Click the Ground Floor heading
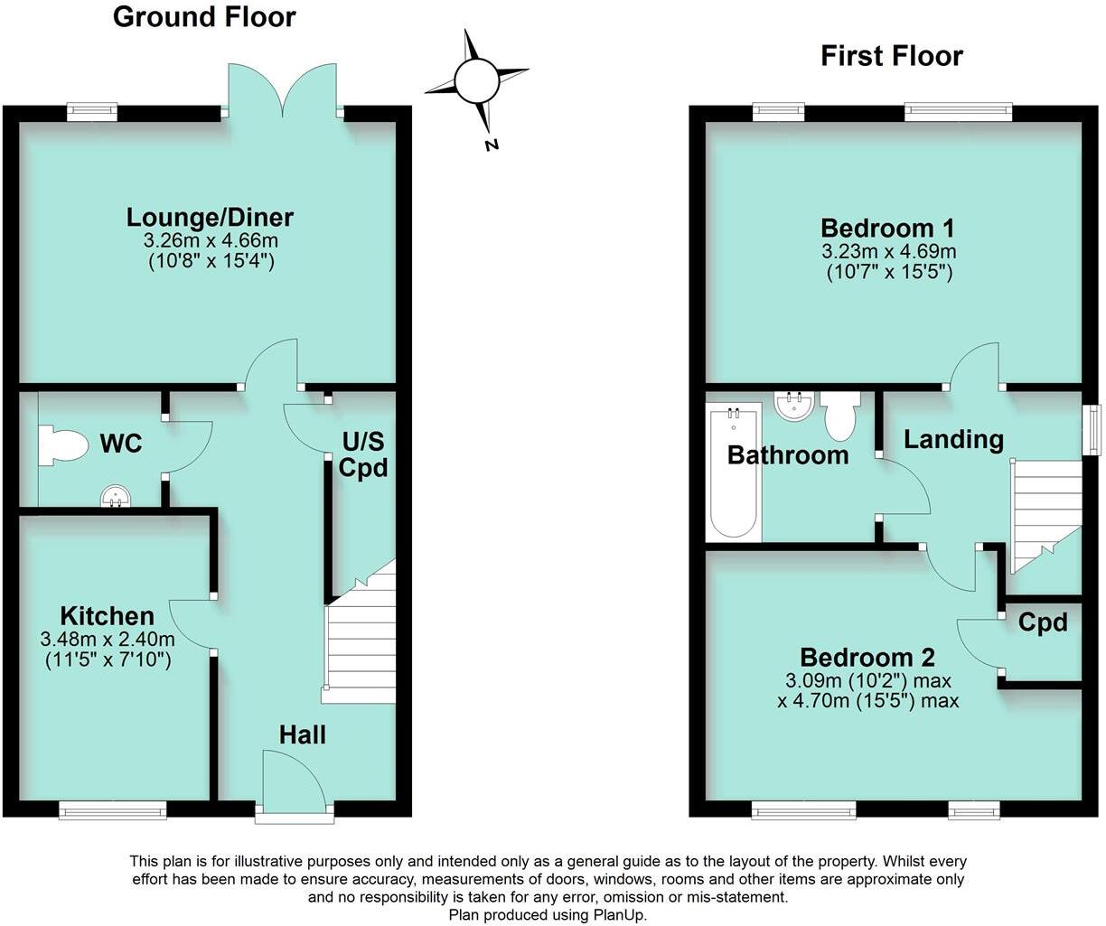204,17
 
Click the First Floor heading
891,56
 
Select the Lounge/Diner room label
210,218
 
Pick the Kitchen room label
107,616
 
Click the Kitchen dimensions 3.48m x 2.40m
108,639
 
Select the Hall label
302,734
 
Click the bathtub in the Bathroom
734,474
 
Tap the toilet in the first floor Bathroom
840,415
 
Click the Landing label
953,439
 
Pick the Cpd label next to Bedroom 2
1042,622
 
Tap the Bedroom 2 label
867,658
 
